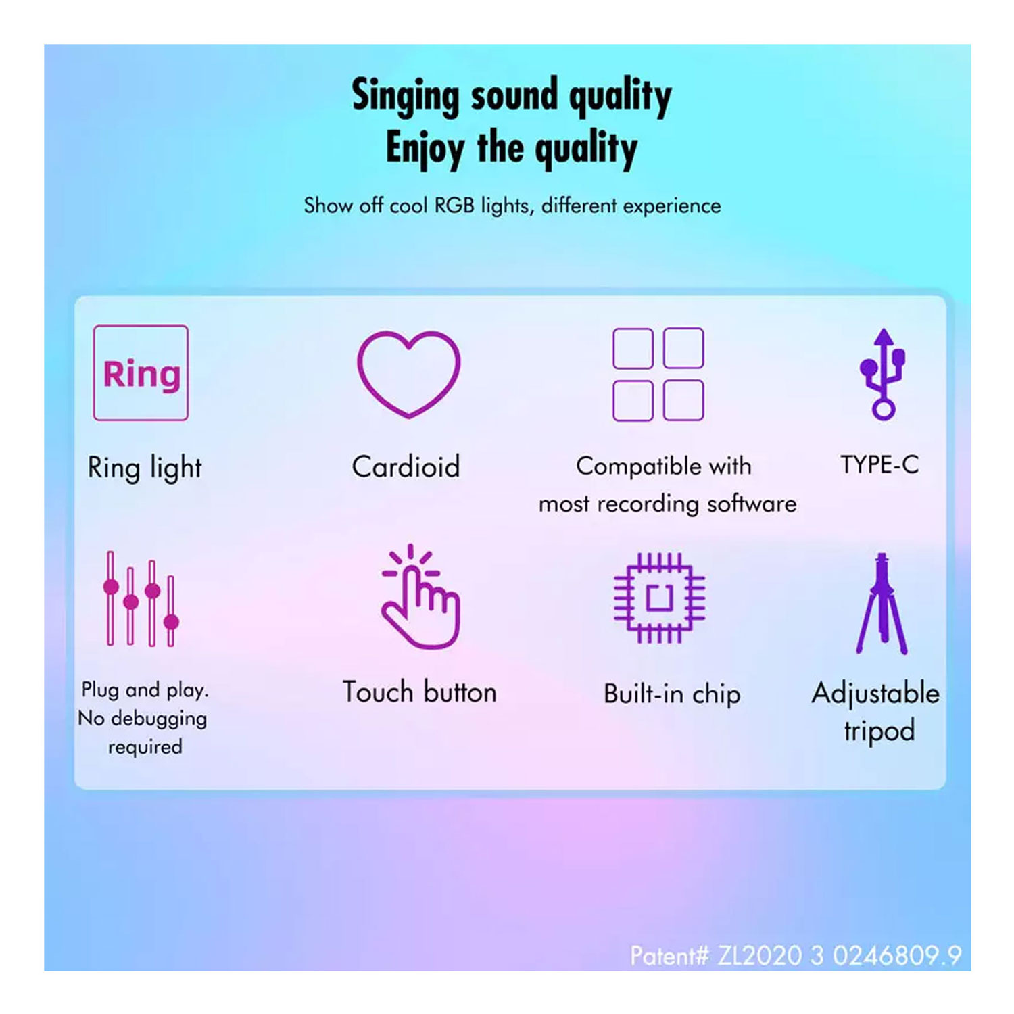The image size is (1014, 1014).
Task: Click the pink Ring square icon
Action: [141, 373]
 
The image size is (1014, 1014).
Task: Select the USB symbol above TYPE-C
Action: [882, 374]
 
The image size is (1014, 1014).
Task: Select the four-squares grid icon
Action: [658, 375]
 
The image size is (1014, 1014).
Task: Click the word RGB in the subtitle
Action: [454, 205]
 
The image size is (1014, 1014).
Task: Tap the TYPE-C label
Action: [879, 464]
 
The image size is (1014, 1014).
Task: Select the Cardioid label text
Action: [406, 466]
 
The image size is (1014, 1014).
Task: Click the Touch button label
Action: [419, 692]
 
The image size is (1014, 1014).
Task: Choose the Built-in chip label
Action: [672, 694]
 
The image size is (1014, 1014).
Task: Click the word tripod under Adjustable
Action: [879, 731]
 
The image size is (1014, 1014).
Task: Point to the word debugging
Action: [159, 719]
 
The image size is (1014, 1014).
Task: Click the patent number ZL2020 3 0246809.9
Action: [839, 956]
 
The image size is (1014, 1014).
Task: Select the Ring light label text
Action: [145, 468]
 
